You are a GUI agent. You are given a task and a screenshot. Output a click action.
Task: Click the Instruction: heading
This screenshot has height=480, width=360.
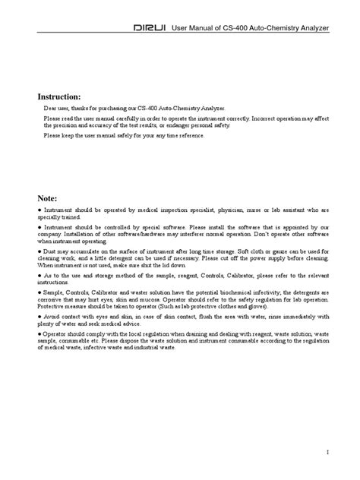click(60, 97)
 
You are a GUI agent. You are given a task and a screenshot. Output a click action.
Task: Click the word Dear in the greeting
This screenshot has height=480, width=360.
click(50, 109)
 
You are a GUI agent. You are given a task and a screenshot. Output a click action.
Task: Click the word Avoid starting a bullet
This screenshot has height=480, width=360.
click(52, 317)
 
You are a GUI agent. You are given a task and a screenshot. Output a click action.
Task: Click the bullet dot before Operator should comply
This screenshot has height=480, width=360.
click(39, 334)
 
